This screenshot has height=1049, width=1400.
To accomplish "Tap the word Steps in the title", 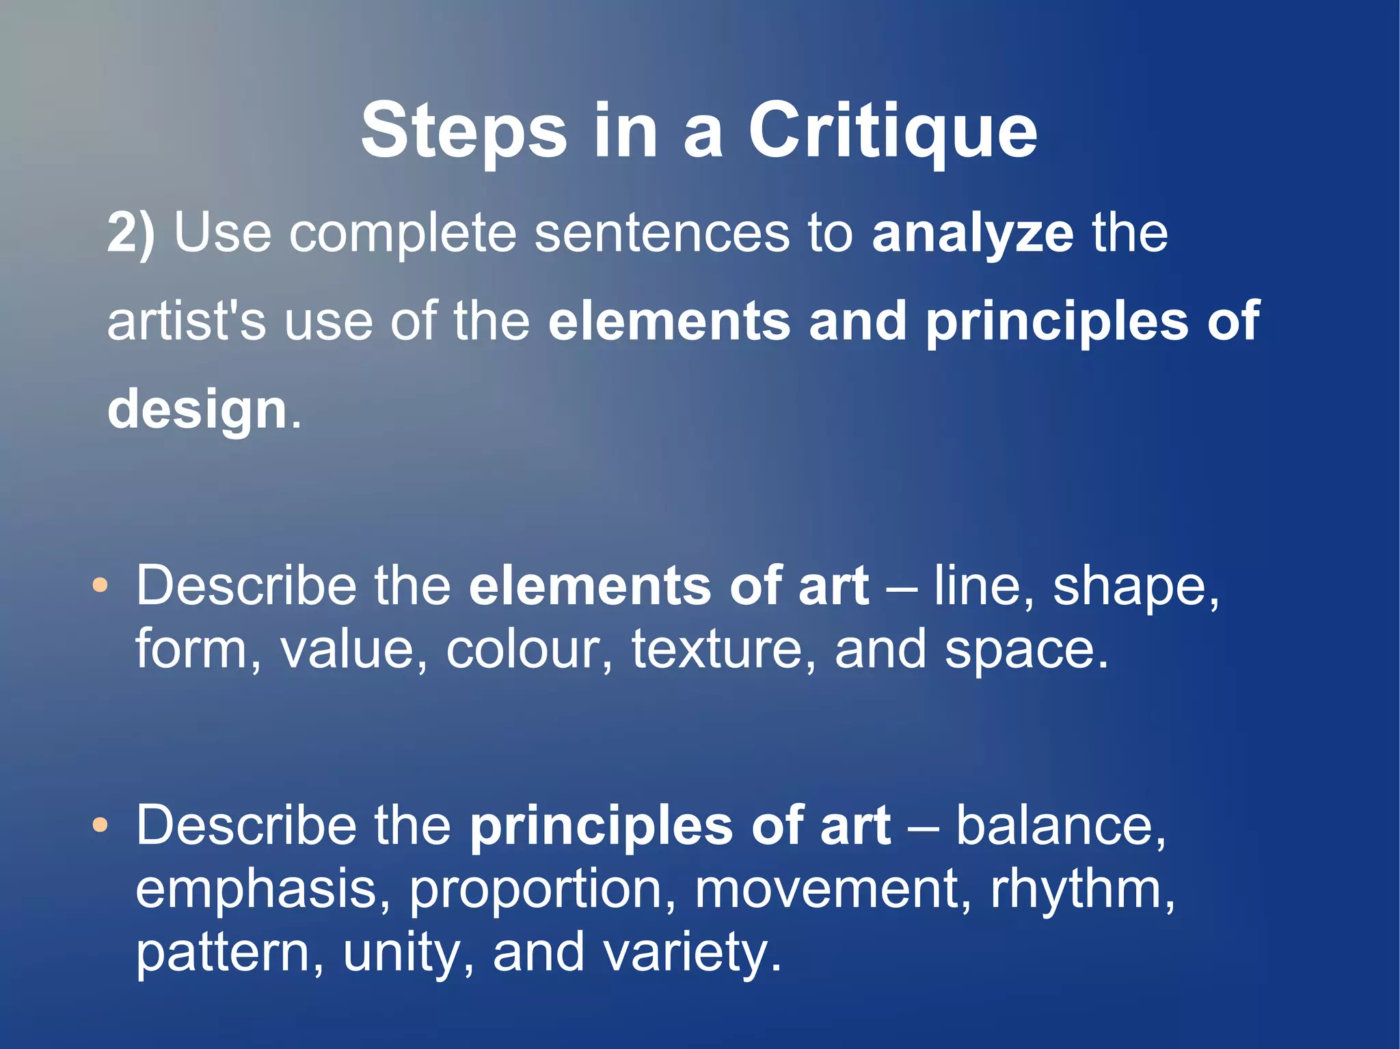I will tap(463, 131).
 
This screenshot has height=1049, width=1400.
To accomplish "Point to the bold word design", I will tap(197, 410).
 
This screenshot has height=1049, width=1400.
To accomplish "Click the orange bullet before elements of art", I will tap(100, 586).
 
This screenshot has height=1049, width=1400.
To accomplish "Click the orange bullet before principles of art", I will tap(100, 826).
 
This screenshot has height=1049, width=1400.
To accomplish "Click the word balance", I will tap(1059, 826).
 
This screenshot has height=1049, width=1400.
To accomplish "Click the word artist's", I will tap(186, 322).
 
